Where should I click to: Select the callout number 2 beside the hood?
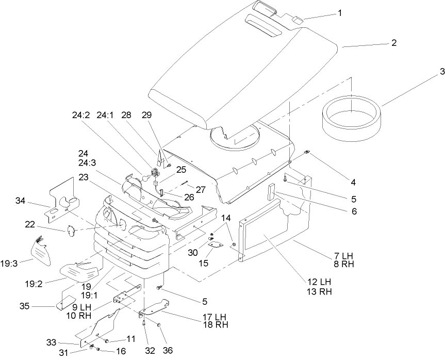coord(393,43)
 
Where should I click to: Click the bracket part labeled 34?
coord(64,199)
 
